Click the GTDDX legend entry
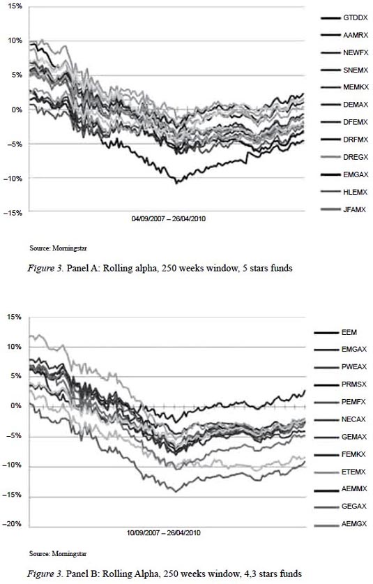tap(356, 18)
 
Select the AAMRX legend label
tap(356, 36)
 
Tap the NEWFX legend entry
tap(356, 53)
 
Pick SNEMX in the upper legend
tap(356, 70)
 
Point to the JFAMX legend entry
tap(354, 209)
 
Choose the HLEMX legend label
tap(355, 192)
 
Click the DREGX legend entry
tap(356, 157)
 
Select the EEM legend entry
tap(349, 332)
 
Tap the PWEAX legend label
tap(354, 367)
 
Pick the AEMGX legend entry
tap(354, 524)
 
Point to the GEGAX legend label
tap(354, 506)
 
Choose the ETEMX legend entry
tap(353, 472)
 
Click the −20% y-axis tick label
tap(13, 524)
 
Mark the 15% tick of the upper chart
tap(16, 6)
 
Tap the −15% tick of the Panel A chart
tap(13, 213)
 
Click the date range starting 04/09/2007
tap(169, 218)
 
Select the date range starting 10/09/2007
tap(163, 532)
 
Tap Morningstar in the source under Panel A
tap(69, 248)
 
